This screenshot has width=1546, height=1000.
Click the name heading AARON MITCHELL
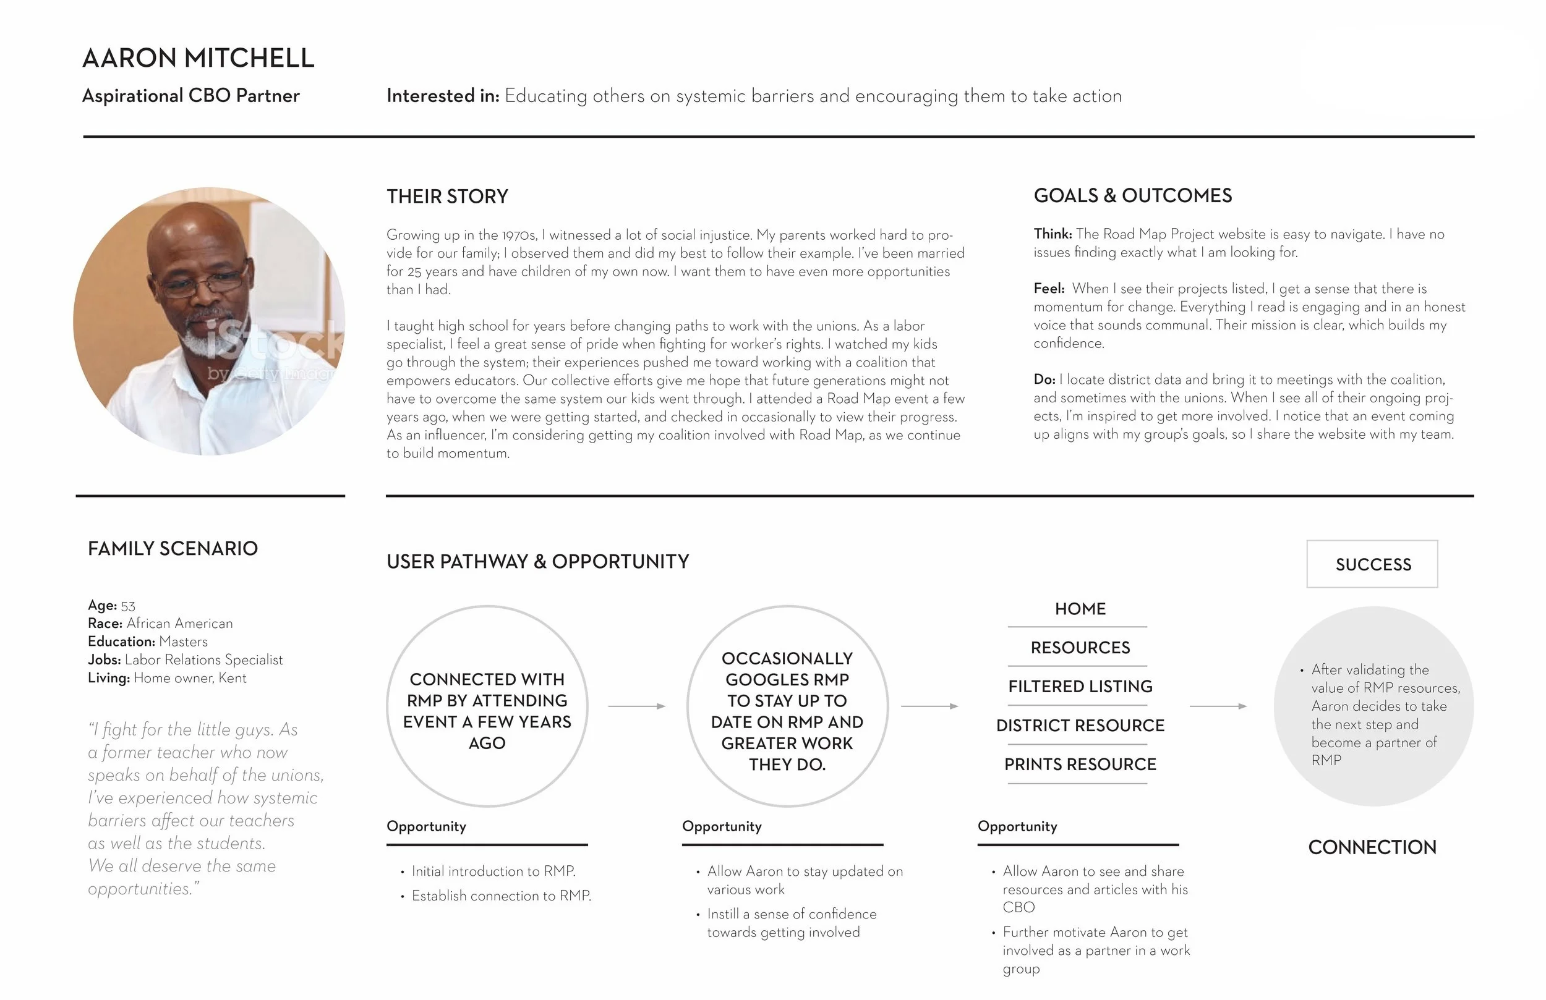pyautogui.click(x=198, y=59)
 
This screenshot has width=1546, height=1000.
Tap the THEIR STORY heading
pyautogui.click(x=447, y=196)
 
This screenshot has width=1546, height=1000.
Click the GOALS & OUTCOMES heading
pyautogui.click(x=1132, y=195)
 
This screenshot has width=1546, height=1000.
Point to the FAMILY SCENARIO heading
pyautogui.click(x=173, y=549)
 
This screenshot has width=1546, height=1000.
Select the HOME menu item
pyautogui.click(x=1080, y=609)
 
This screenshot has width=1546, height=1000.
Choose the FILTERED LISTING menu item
pyautogui.click(x=1080, y=687)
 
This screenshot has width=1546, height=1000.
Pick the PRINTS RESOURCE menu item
pyautogui.click(x=1080, y=765)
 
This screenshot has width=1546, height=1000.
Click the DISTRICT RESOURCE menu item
pyautogui.click(x=1080, y=726)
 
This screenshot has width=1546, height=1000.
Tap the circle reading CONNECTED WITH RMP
pyautogui.click(x=487, y=706)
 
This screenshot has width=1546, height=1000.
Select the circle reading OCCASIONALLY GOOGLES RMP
pyautogui.click(x=787, y=706)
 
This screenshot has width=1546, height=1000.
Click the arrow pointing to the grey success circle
pyautogui.click(x=1218, y=706)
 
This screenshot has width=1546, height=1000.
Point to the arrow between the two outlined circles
pyautogui.click(x=636, y=706)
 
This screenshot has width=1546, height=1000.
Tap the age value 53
pyautogui.click(x=128, y=606)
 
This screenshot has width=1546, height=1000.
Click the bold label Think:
pyautogui.click(x=1053, y=234)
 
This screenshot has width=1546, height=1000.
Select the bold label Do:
pyautogui.click(x=1044, y=379)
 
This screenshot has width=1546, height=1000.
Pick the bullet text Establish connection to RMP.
pyautogui.click(x=501, y=896)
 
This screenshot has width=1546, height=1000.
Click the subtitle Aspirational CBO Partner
pyautogui.click(x=190, y=96)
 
